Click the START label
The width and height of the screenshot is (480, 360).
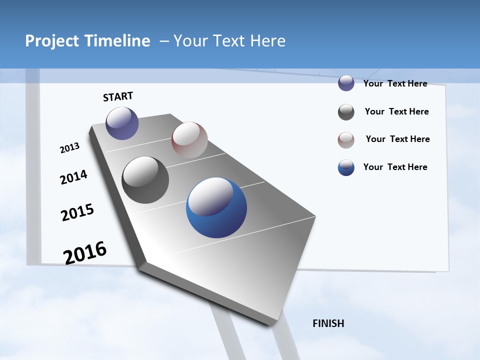118,96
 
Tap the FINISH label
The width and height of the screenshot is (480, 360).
328,323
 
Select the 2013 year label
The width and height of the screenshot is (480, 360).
69,148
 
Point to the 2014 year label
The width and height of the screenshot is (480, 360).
73,177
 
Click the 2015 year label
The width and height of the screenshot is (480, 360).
77,212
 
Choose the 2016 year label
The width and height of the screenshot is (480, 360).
85,252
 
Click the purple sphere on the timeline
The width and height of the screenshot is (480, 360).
122,123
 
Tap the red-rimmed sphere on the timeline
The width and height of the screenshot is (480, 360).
189,139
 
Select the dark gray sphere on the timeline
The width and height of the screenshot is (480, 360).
145,180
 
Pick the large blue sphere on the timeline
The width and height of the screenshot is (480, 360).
216,207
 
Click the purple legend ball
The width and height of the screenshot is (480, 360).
346,83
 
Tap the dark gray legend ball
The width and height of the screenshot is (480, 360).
346,112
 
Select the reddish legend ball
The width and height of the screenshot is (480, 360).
346,140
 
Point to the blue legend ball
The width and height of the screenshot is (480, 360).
346,167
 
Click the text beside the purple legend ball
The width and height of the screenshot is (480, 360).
395,83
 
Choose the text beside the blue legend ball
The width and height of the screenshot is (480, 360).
395,167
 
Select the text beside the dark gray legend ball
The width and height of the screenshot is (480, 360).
396,111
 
